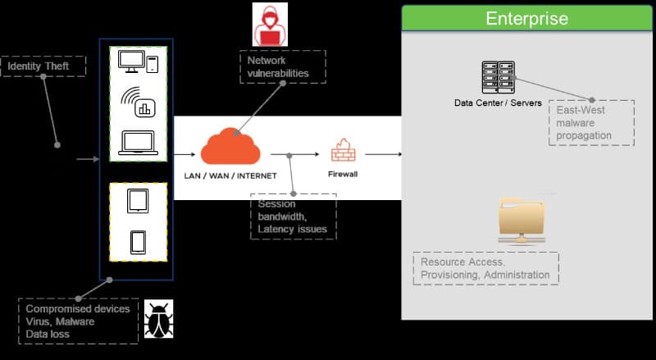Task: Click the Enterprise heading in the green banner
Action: pos(526,19)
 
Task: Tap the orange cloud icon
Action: pos(230,146)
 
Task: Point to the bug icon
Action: pos(158,318)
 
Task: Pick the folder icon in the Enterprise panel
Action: pos(523,220)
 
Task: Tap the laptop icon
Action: pos(139,144)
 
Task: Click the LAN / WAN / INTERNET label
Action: pos(230,175)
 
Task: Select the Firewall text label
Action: pos(343,174)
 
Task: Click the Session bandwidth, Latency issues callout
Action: pos(293,216)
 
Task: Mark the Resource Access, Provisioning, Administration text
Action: pos(485,268)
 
